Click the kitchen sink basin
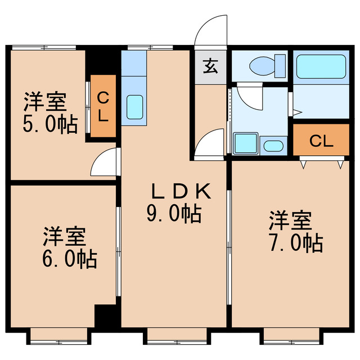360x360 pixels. (134, 106)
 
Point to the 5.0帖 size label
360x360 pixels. (50, 125)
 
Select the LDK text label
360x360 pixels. (181, 192)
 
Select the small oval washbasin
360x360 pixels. (273, 146)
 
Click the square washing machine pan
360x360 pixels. (245, 143)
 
